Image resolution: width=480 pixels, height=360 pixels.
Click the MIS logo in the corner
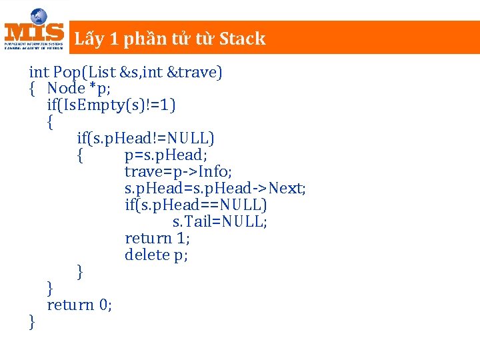point(34,30)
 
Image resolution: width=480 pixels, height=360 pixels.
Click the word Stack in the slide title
point(242,39)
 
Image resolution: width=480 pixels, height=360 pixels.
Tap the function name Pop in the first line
point(65,72)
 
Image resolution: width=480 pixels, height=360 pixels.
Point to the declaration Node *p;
point(79,89)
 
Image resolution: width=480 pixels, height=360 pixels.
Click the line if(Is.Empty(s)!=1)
point(111,105)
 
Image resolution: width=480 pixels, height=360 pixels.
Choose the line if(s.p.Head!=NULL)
point(145,139)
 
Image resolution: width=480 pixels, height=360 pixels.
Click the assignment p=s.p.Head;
point(166,155)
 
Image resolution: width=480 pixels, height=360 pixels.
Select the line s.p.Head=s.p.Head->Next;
point(215,189)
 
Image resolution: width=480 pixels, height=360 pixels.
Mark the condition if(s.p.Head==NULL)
point(195,205)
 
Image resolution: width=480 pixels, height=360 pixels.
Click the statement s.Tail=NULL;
point(220,222)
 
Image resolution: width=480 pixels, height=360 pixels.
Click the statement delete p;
point(156,255)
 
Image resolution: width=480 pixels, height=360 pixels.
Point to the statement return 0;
point(79,305)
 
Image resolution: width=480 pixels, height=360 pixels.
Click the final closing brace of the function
point(32,322)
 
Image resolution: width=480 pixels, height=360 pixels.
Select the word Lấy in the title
point(89,39)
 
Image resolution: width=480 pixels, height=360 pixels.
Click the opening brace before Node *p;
point(32,89)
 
